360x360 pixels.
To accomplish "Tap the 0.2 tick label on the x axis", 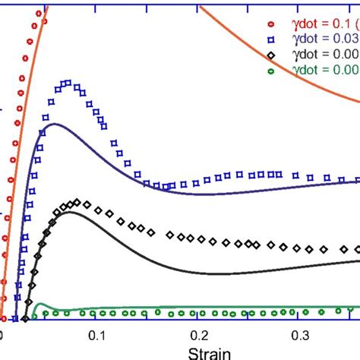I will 200,336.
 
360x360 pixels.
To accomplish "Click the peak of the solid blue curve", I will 53,123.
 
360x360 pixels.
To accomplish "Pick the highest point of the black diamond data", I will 75,202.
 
